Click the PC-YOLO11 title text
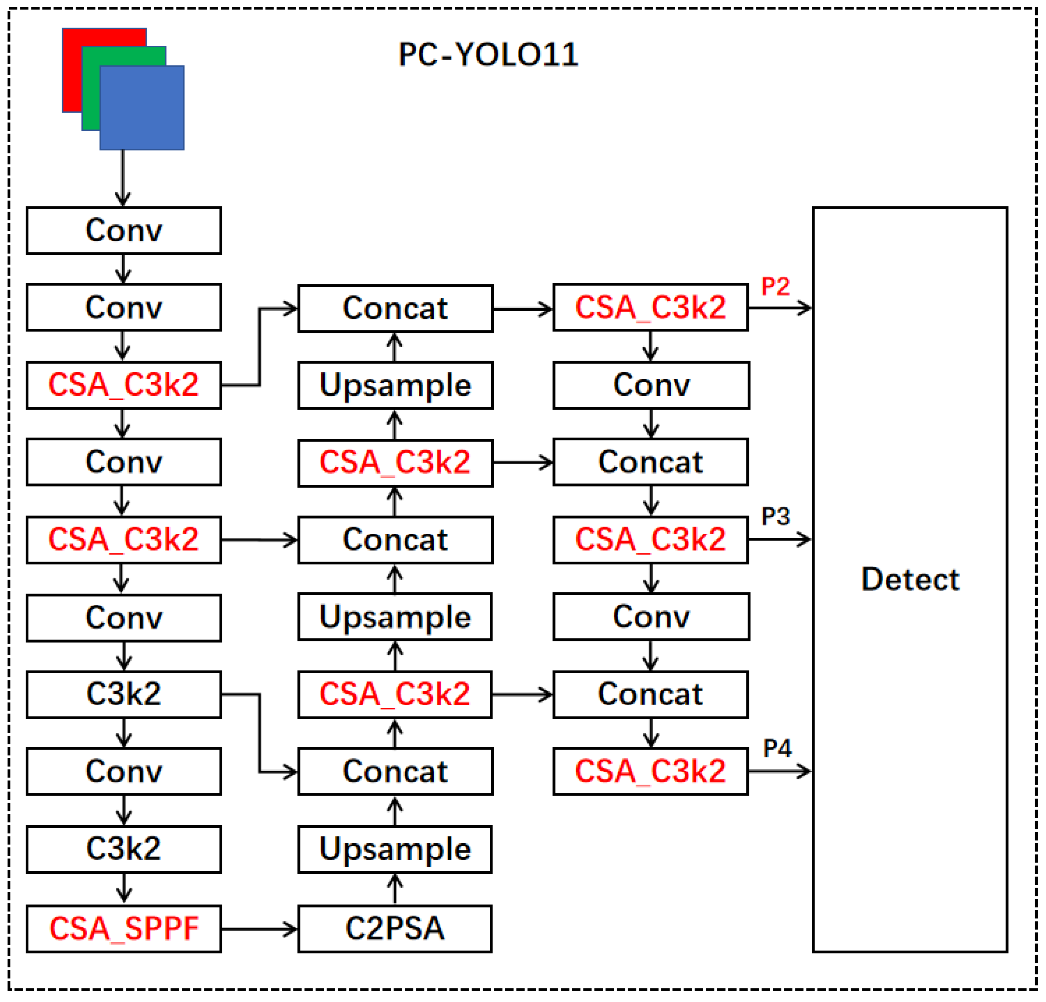pyautogui.click(x=488, y=54)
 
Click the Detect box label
pyautogui.click(x=910, y=579)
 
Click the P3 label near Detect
pyautogui.click(x=775, y=516)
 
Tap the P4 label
pyautogui.click(x=777, y=748)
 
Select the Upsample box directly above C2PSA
pyautogui.click(x=395, y=849)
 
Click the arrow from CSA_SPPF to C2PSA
pyautogui.click(x=259, y=929)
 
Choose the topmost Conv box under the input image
pyautogui.click(x=124, y=231)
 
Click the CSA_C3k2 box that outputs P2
pyautogui.click(x=651, y=308)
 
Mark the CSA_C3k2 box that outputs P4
pyautogui.click(x=651, y=771)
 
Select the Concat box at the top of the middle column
pyautogui.click(x=395, y=308)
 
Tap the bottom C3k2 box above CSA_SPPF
pyautogui.click(x=124, y=849)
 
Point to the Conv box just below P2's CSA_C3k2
pyautogui.click(x=651, y=386)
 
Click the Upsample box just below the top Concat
pyautogui.click(x=395, y=386)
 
